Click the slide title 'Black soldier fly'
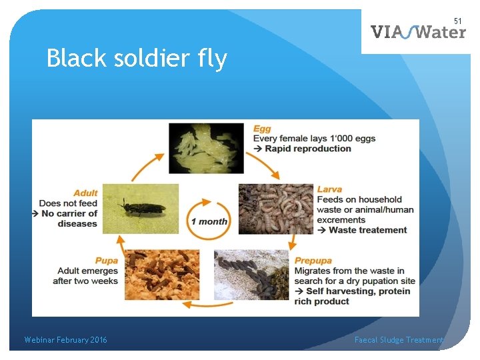point(137,59)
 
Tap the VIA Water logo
point(418,31)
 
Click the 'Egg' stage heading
point(262,128)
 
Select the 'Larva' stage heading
point(329,189)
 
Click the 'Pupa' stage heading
point(107,261)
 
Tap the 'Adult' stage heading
point(85,193)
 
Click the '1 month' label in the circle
point(209,221)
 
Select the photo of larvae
point(275,209)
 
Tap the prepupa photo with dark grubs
point(251,275)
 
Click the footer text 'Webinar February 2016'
point(65,340)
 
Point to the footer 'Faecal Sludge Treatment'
point(399,340)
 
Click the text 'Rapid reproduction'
point(307,148)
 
